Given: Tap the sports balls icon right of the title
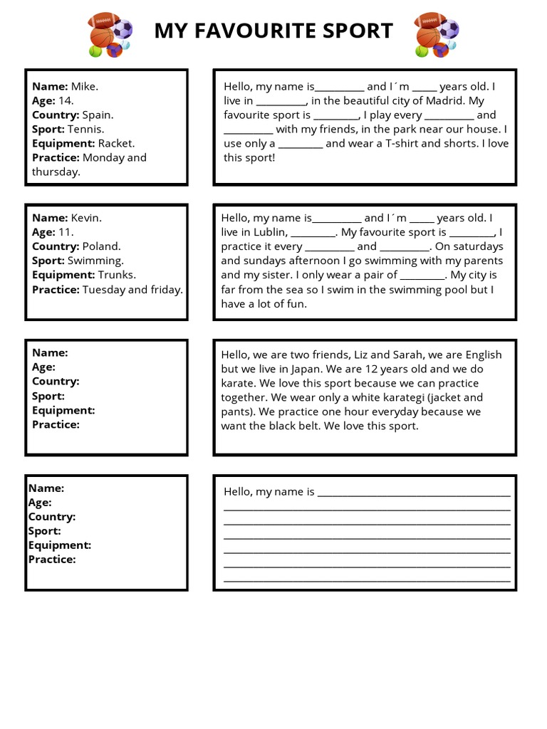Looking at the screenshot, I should coord(437,34).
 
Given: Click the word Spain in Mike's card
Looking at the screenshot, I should coord(97,115).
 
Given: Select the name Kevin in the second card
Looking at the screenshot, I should coord(85,218).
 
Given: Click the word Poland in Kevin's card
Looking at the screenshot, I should coord(101,246).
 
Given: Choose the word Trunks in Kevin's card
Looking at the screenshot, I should coord(116,275).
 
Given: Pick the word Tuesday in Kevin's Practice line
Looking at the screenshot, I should coord(104,290).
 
